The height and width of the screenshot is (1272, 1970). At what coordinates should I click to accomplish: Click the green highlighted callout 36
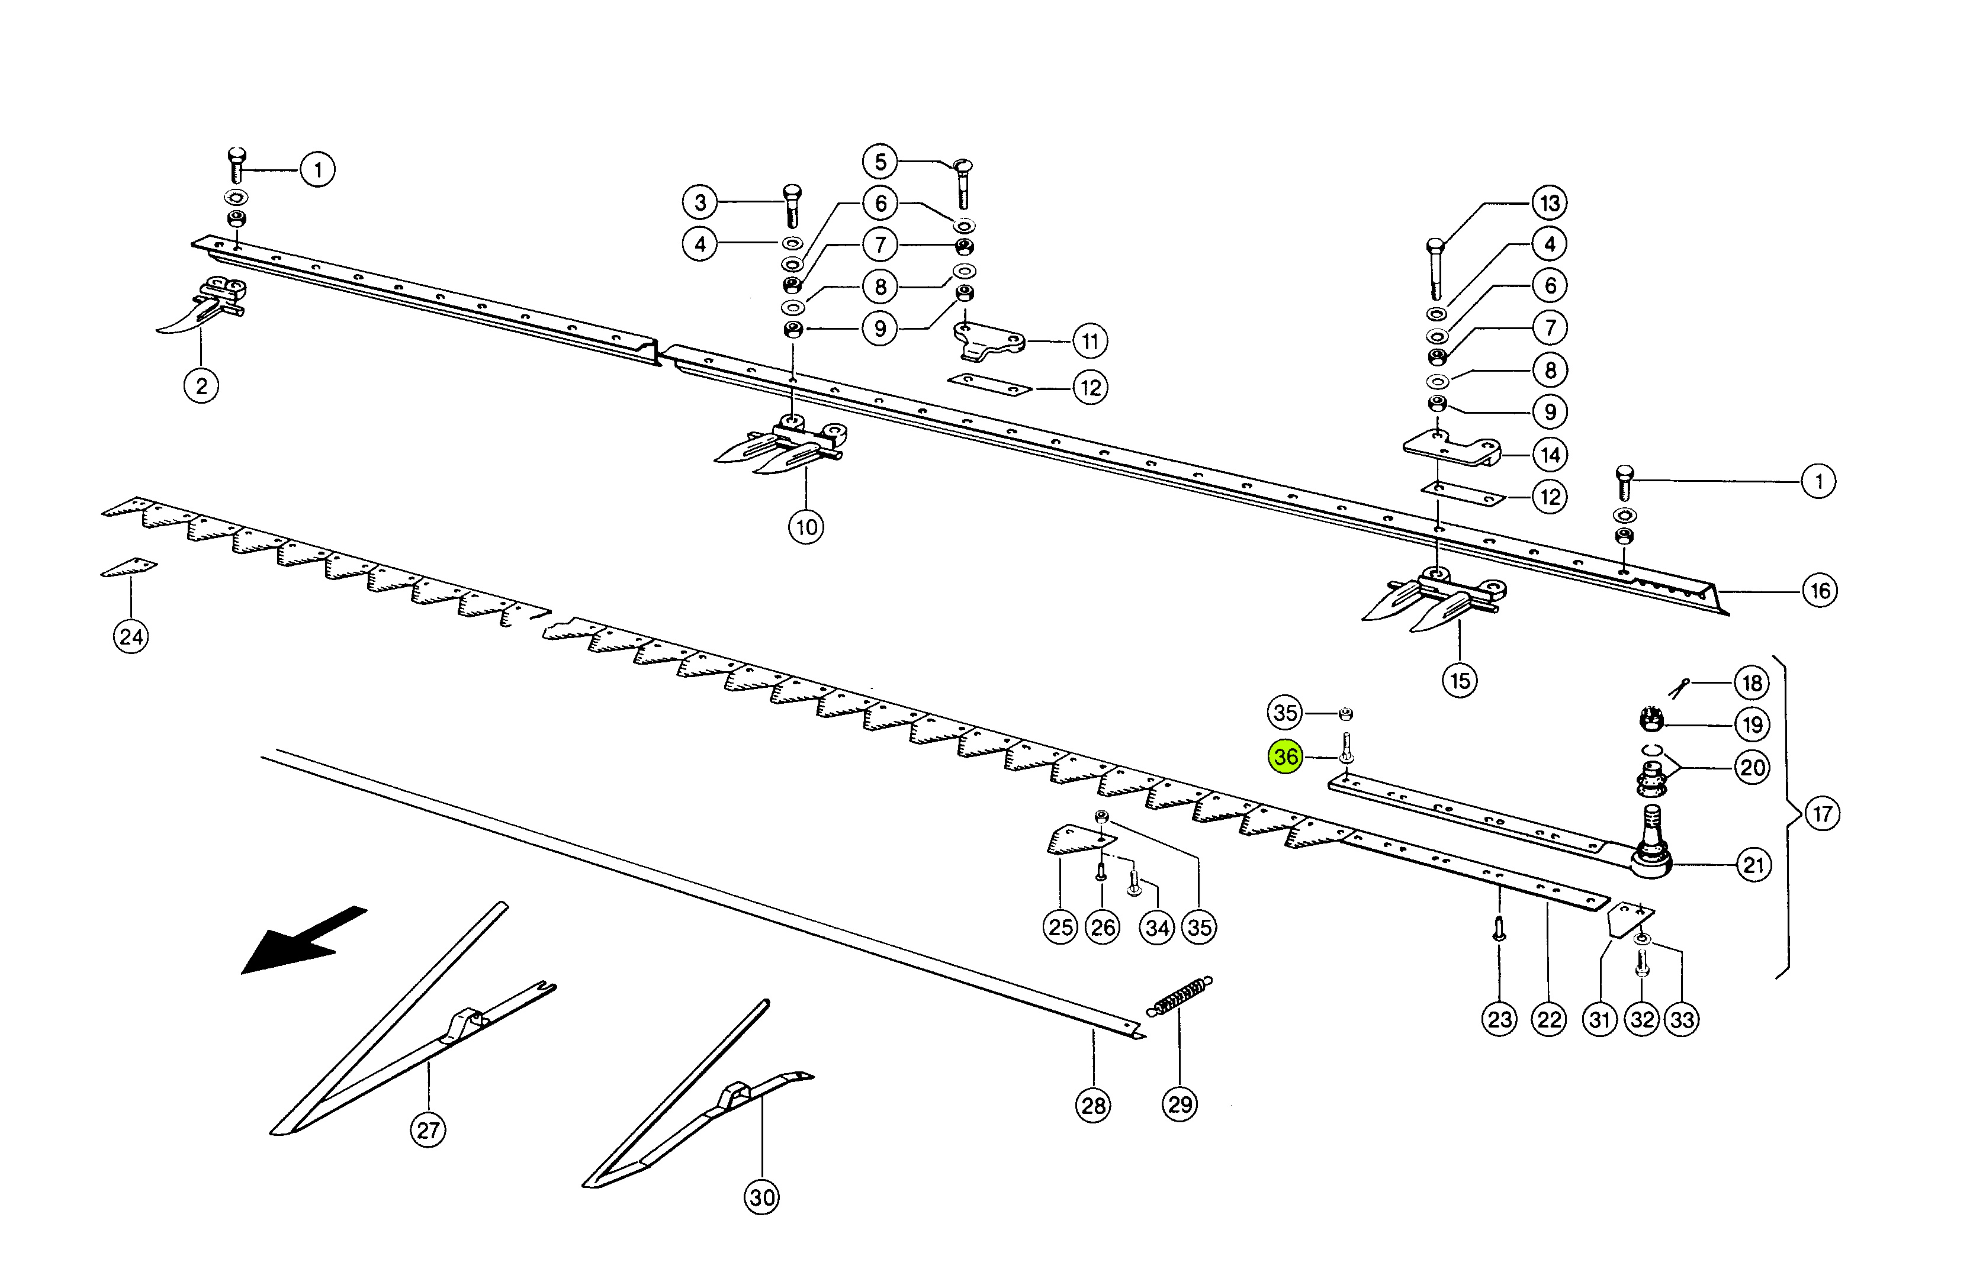click(x=1285, y=756)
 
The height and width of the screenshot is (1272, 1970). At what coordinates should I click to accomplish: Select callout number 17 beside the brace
click(x=1822, y=814)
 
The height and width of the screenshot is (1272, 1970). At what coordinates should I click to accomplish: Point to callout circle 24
click(x=130, y=637)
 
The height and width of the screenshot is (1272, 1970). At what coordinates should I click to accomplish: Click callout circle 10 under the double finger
click(x=806, y=527)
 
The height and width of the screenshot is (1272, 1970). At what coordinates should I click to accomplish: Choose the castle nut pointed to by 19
click(x=1650, y=719)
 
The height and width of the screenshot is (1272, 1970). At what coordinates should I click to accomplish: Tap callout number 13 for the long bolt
click(x=1550, y=202)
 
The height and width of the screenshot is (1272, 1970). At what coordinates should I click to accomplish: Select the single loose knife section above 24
click(x=130, y=568)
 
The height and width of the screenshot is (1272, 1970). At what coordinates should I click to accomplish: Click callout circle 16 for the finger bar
click(x=1820, y=591)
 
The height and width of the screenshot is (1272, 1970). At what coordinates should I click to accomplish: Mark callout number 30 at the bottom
click(x=762, y=1197)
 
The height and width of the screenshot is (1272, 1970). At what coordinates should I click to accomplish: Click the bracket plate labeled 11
click(x=988, y=340)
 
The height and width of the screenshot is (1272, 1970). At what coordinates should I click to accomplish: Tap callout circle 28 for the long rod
click(x=1093, y=1105)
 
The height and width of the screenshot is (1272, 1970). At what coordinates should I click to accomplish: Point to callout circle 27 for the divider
click(x=428, y=1129)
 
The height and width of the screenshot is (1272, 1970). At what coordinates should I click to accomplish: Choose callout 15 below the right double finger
click(x=1460, y=681)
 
